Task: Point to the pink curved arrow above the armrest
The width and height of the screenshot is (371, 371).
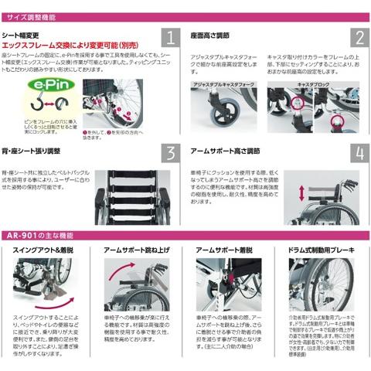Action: tap(124, 274)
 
